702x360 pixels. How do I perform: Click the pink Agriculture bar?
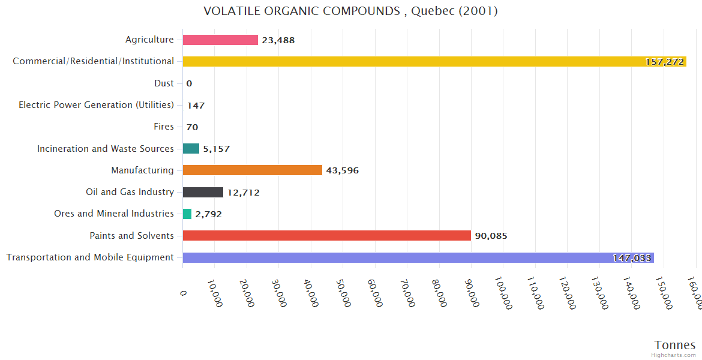click(220, 40)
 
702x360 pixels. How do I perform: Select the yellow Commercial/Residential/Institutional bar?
click(434, 61)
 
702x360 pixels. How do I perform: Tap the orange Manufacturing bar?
click(253, 170)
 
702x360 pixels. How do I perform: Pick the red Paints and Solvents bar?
click(327, 236)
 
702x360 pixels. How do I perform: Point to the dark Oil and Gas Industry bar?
click(203, 193)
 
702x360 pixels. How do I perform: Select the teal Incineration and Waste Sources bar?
click(191, 148)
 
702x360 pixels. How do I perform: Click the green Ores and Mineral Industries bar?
click(187, 214)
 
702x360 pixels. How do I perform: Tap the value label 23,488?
click(278, 40)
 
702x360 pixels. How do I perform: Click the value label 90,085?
click(491, 236)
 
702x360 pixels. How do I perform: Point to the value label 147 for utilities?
click(196, 106)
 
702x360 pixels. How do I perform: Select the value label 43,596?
click(342, 170)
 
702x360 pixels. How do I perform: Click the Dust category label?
click(164, 83)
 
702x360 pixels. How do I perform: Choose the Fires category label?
click(163, 127)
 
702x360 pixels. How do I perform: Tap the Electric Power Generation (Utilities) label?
click(96, 105)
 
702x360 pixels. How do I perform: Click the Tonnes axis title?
click(674, 345)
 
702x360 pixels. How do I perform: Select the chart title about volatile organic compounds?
click(350, 11)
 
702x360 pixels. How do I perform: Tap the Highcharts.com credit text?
click(673, 355)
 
